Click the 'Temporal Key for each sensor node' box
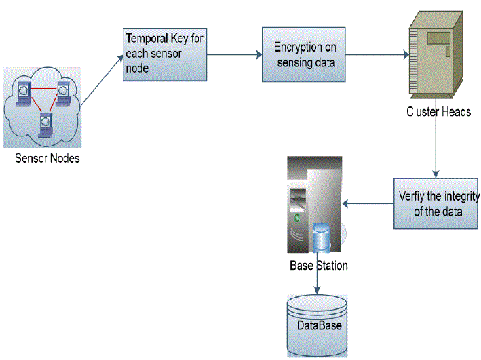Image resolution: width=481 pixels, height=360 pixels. (x=163, y=55)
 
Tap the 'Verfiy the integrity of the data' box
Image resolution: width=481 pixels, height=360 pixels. (x=434, y=203)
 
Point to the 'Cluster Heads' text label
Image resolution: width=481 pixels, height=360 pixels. (x=438, y=112)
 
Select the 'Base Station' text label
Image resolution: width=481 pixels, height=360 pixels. (x=318, y=266)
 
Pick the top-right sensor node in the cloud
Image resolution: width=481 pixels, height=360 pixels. (x=64, y=88)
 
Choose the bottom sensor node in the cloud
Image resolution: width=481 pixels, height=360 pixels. (x=45, y=122)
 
